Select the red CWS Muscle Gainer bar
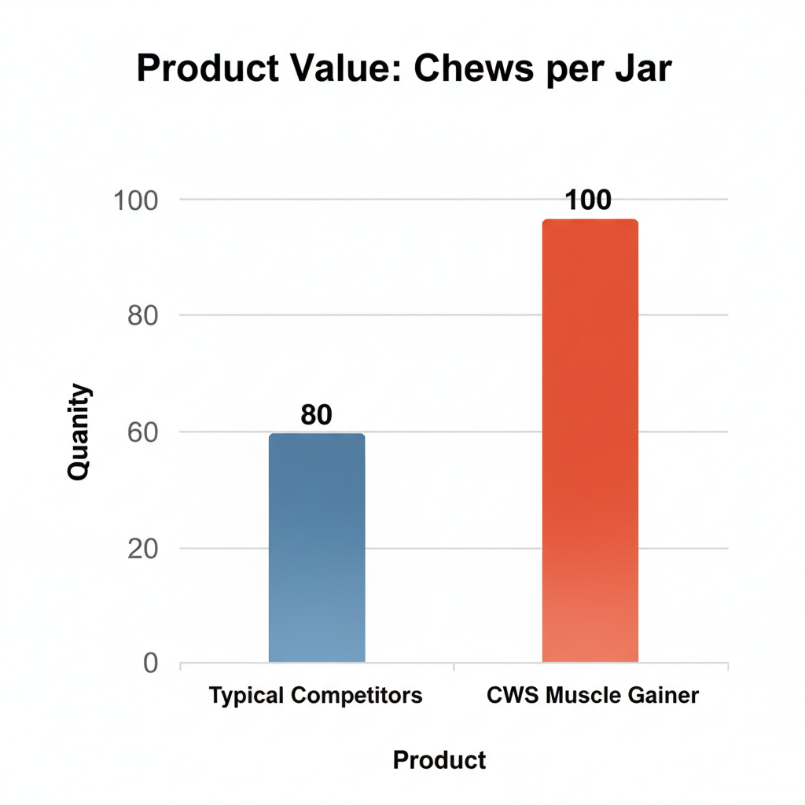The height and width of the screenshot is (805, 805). click(590, 440)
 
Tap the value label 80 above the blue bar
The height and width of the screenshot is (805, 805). click(317, 415)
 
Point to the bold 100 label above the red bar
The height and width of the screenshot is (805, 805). click(588, 200)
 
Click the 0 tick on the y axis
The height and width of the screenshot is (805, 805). click(149, 664)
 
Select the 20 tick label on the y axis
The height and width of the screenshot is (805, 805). click(142, 549)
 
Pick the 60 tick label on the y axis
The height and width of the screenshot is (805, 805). click(142, 432)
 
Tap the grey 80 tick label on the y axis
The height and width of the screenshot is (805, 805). click(142, 316)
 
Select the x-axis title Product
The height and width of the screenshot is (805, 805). click(439, 760)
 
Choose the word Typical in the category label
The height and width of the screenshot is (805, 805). click(246, 696)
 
